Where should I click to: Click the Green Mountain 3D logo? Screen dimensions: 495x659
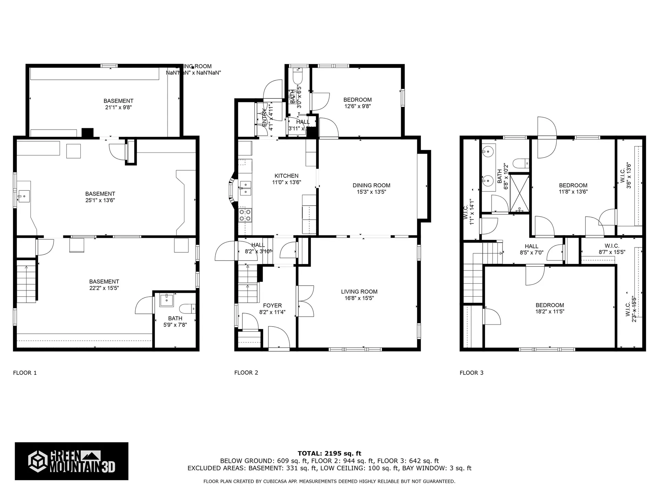pyautogui.click(x=71, y=461)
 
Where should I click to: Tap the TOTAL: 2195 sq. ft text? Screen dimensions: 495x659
pyautogui.click(x=329, y=453)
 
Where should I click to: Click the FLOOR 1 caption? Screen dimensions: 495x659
pyautogui.click(x=25, y=373)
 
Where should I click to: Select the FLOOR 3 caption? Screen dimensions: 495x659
pyautogui.click(x=471, y=373)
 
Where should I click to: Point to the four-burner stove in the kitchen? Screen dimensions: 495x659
pyautogui.click(x=245, y=215)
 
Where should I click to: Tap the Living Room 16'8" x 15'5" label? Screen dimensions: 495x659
pyautogui.click(x=359, y=295)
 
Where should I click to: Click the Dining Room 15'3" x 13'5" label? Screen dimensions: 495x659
pyautogui.click(x=371, y=188)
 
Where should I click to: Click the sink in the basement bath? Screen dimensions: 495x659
pyautogui.click(x=167, y=300)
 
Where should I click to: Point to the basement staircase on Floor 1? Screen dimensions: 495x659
pyautogui.click(x=27, y=284)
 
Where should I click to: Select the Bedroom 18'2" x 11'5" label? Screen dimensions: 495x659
pyautogui.click(x=550, y=308)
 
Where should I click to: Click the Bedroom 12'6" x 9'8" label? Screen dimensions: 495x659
pyautogui.click(x=357, y=103)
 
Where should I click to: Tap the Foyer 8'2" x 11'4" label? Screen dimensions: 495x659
pyautogui.click(x=272, y=309)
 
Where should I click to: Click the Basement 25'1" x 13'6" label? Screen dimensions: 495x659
pyautogui.click(x=100, y=197)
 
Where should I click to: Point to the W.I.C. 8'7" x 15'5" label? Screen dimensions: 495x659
pyautogui.click(x=612, y=249)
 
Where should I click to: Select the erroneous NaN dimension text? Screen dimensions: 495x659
pyautogui.click(x=193, y=73)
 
